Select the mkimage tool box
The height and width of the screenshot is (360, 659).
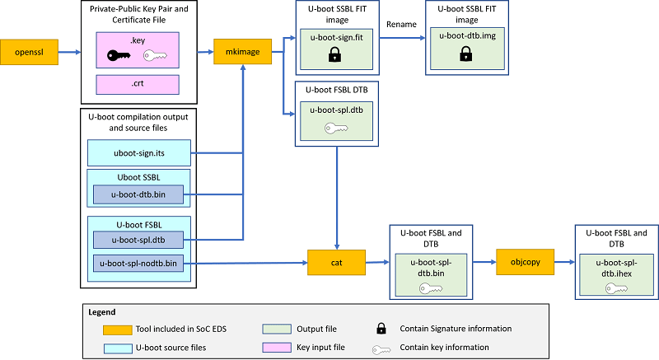tap(242, 52)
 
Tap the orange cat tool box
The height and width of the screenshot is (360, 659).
tap(335, 263)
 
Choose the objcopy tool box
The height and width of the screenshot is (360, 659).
tap(524, 263)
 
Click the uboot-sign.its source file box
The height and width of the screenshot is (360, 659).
tap(138, 152)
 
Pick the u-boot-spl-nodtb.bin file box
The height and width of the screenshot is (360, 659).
tap(138, 264)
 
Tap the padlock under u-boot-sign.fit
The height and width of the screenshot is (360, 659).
tap(335, 54)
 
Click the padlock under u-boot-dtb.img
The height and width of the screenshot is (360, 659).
tap(465, 54)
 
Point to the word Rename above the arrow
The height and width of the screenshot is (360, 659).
tap(400, 24)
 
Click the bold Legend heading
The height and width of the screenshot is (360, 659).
tap(104, 312)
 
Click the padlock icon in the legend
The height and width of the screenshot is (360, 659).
tap(382, 329)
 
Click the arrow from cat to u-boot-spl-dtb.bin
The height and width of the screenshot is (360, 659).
tap(376, 263)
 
